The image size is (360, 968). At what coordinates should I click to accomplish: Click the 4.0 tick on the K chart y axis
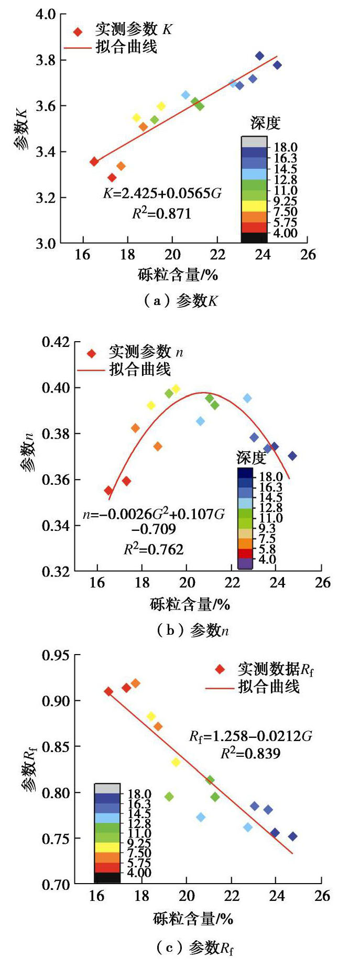click(46, 14)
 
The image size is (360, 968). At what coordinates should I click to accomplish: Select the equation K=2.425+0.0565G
click(162, 193)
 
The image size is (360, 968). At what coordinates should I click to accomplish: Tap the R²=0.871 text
click(161, 214)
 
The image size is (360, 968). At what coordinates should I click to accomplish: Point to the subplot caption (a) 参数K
click(180, 301)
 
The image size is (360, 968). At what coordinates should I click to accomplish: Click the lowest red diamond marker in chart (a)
click(112, 178)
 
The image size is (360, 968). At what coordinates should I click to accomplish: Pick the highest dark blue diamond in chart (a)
click(259, 56)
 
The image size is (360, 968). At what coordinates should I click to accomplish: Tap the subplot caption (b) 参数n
click(192, 630)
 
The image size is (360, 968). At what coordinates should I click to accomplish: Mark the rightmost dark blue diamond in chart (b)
click(292, 456)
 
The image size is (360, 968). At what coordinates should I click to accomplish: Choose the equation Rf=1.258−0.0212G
click(250, 736)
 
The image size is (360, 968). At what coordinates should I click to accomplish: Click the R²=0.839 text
click(250, 754)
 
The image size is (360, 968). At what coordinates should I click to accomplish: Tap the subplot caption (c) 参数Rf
click(194, 948)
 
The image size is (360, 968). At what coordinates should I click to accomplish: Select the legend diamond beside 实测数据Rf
click(220, 669)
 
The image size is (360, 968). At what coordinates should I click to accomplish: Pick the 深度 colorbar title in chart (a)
click(265, 123)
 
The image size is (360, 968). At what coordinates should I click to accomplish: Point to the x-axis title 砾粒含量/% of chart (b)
click(190, 604)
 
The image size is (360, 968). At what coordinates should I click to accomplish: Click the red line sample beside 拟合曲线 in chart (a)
click(78, 48)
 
